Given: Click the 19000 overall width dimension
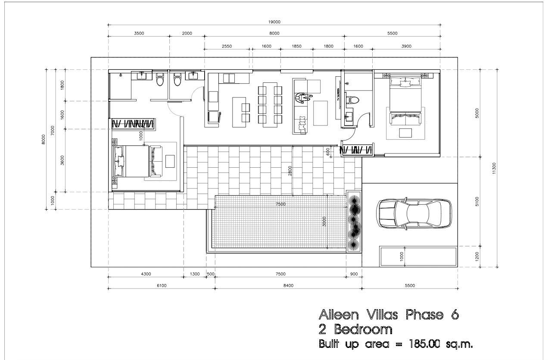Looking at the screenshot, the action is coord(274,22).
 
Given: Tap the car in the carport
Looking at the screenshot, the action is coord(414,213).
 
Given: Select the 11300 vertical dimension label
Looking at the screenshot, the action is coord(494,168).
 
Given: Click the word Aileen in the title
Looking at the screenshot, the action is coord(339,315).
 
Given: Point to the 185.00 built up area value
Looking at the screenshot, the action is coord(425,344).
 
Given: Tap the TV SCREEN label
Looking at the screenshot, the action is coord(339,94).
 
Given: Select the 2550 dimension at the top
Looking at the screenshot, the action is coord(227,46).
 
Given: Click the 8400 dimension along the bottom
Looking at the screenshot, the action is coord(289,285).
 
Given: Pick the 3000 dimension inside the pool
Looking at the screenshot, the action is coord(324,221).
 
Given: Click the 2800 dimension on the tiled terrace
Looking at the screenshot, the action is coord(290,171).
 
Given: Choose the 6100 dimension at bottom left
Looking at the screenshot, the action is coord(162,285).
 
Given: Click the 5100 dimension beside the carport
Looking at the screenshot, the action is coord(477,201).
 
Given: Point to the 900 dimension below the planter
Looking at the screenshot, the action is coord(354,274).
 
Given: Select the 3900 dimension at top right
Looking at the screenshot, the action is coord(406,46).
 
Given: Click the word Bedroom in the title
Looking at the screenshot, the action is coord(363,329).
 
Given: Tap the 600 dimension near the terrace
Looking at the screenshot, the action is coord(328,152).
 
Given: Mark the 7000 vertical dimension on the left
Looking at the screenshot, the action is coord(53,130).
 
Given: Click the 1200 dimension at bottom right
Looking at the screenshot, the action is coord(477,257).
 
